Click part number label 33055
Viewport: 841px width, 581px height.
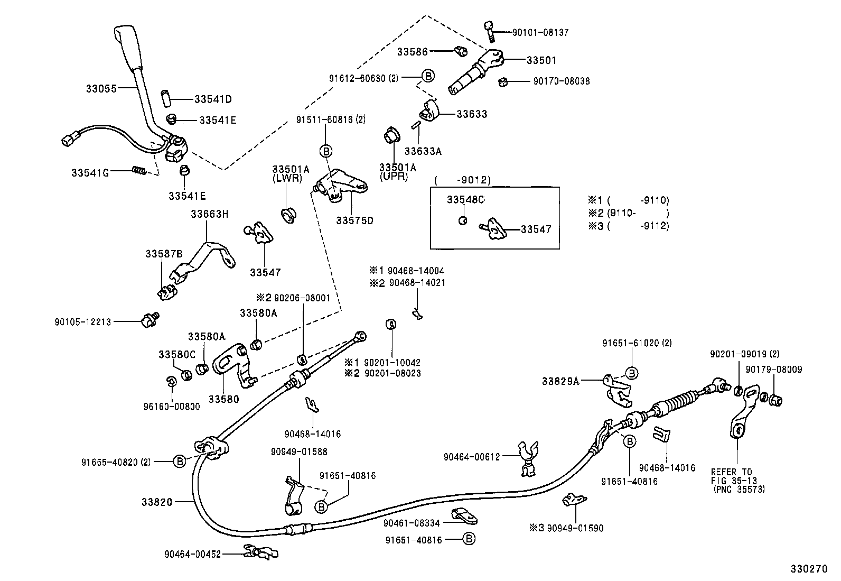click(101, 88)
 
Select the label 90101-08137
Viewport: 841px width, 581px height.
click(540, 32)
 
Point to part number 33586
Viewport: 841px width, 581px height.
click(413, 52)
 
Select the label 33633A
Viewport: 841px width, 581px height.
click(423, 151)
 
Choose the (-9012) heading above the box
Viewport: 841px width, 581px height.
click(462, 180)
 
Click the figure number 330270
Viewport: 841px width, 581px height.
click(808, 569)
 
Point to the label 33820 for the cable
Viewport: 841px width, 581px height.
click(157, 502)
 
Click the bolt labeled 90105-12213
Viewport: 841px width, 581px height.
click(150, 319)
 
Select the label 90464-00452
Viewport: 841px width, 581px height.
click(192, 554)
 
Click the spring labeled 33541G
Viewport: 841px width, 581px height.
click(138, 170)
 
